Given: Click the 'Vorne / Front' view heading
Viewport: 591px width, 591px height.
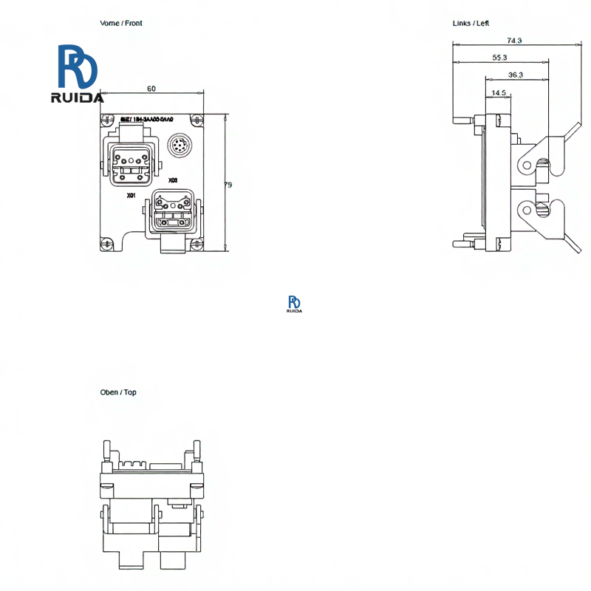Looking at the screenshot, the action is (x=121, y=24).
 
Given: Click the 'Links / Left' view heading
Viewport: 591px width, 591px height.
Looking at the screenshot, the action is (x=471, y=24).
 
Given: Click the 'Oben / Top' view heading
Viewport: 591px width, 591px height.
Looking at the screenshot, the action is (x=118, y=392).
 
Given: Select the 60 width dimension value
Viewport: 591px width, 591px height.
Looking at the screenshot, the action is (x=151, y=89).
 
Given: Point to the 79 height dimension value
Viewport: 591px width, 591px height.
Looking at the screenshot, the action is (x=228, y=185).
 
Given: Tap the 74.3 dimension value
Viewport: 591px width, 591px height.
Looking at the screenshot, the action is (x=514, y=41).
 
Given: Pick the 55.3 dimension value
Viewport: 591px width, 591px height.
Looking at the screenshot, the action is (x=499, y=58).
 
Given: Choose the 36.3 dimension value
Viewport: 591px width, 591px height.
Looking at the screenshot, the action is (x=516, y=75).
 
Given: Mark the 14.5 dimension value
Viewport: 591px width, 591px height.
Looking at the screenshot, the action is (x=498, y=93).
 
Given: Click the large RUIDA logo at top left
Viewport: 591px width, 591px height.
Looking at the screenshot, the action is (x=78, y=74).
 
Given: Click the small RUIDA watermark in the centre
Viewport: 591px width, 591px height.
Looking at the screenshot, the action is (x=294, y=304).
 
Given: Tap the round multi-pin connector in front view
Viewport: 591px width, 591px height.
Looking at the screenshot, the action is (x=180, y=146).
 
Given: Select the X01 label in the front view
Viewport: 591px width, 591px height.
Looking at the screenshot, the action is (x=131, y=196).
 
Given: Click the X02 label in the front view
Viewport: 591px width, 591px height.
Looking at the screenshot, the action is (x=173, y=180).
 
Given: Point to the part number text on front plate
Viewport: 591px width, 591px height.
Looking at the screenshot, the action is (x=147, y=120).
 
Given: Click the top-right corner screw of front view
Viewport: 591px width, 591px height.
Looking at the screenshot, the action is (x=196, y=120).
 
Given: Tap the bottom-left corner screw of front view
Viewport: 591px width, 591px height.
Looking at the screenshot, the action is (x=107, y=242).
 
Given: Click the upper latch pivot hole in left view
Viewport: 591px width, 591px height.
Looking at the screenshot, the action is (x=527, y=161).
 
